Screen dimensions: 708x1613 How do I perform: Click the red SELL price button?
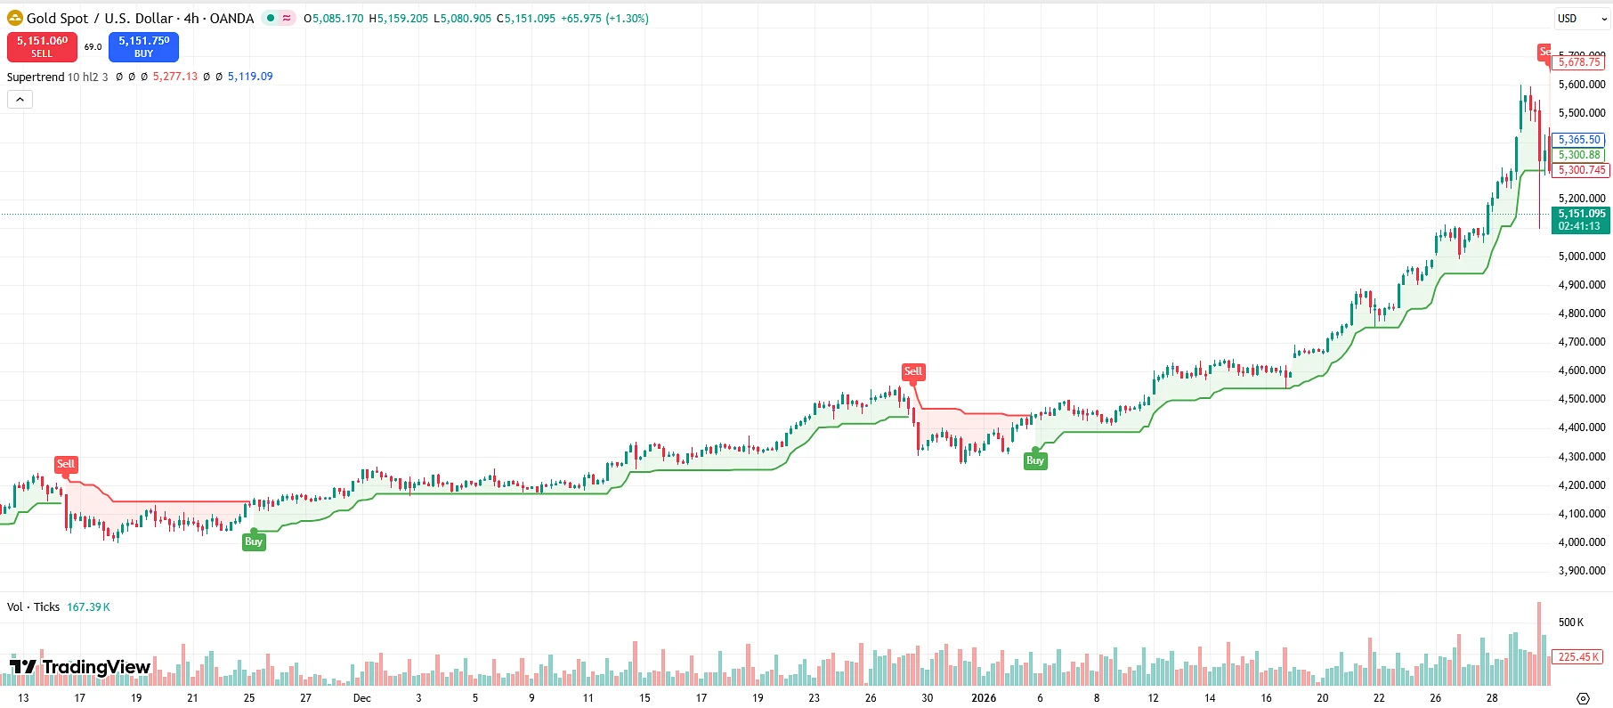(42, 46)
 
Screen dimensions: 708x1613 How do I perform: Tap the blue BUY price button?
(143, 46)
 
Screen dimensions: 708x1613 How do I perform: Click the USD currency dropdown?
(1581, 19)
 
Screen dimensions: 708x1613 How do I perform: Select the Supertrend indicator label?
(36, 77)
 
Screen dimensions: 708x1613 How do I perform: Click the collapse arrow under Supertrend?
(20, 100)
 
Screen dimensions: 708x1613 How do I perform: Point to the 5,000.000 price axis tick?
(1582, 256)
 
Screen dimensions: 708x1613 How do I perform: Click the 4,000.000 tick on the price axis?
(1582, 542)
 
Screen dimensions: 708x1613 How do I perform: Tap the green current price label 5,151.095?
(1581, 219)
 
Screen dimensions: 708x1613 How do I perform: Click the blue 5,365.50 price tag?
(1579, 140)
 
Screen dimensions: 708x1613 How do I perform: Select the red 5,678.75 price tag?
(1579, 62)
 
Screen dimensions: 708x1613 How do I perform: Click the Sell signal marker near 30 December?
(913, 371)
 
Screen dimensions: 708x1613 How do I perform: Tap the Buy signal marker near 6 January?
(1034, 460)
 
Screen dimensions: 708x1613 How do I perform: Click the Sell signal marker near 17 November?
(66, 464)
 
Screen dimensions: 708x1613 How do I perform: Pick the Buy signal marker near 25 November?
(254, 541)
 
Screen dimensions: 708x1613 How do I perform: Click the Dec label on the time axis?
(361, 698)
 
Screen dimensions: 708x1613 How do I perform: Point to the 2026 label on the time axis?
(984, 698)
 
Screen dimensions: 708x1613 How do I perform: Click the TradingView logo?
(80, 667)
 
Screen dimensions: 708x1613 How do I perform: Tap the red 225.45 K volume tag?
(1578, 657)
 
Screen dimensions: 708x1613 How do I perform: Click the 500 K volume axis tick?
(1571, 623)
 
